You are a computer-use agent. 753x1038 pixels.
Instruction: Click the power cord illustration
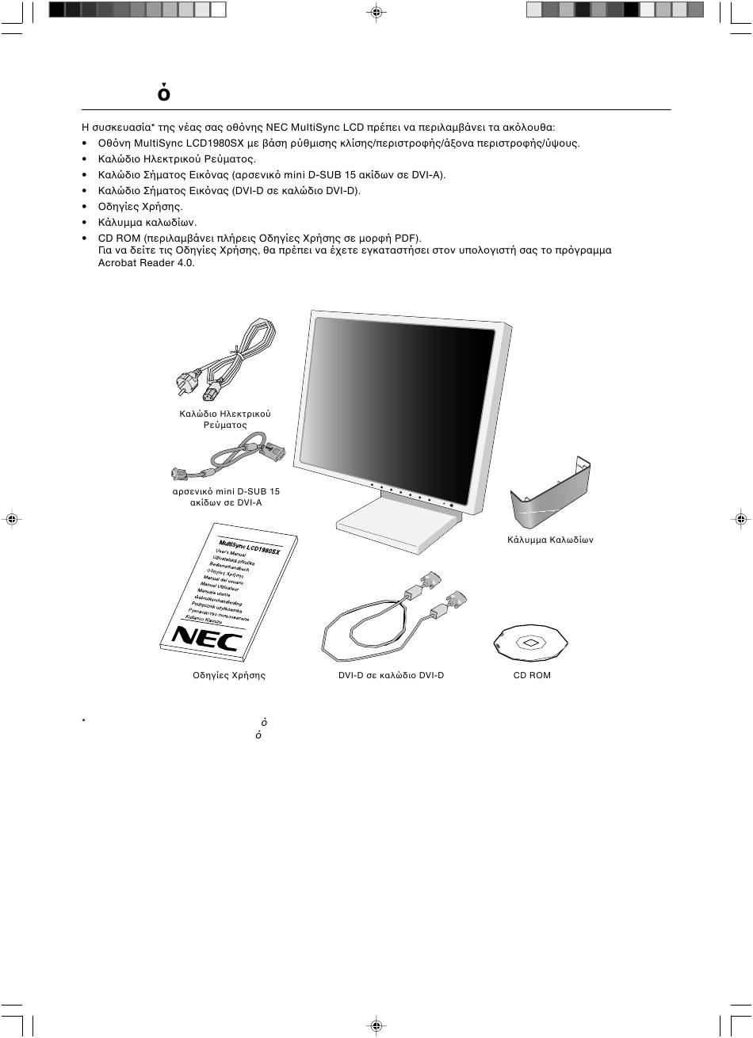(223, 361)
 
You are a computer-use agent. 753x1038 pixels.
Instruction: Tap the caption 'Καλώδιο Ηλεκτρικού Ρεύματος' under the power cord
(225, 419)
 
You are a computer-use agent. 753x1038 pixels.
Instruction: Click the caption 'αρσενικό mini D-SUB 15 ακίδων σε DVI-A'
(227, 497)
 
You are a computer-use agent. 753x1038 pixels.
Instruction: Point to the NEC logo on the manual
(205, 637)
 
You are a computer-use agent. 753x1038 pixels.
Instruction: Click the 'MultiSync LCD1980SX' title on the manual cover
(249, 546)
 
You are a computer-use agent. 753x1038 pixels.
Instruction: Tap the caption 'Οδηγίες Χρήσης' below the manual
(229, 675)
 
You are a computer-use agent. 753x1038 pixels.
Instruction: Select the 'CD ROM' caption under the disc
(532, 675)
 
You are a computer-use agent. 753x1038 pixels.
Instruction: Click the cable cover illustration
(550, 494)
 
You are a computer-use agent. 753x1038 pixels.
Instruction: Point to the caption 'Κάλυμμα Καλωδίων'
(550, 540)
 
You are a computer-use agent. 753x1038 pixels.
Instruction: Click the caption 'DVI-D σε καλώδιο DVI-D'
(391, 675)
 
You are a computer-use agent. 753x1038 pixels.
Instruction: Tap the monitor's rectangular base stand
(396, 520)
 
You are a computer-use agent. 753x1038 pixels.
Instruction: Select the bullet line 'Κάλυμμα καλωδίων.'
(147, 223)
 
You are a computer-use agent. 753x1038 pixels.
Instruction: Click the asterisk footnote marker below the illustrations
(82, 722)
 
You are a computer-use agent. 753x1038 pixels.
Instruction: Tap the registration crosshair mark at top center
(376, 12)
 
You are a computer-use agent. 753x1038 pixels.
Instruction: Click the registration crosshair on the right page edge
(740, 519)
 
